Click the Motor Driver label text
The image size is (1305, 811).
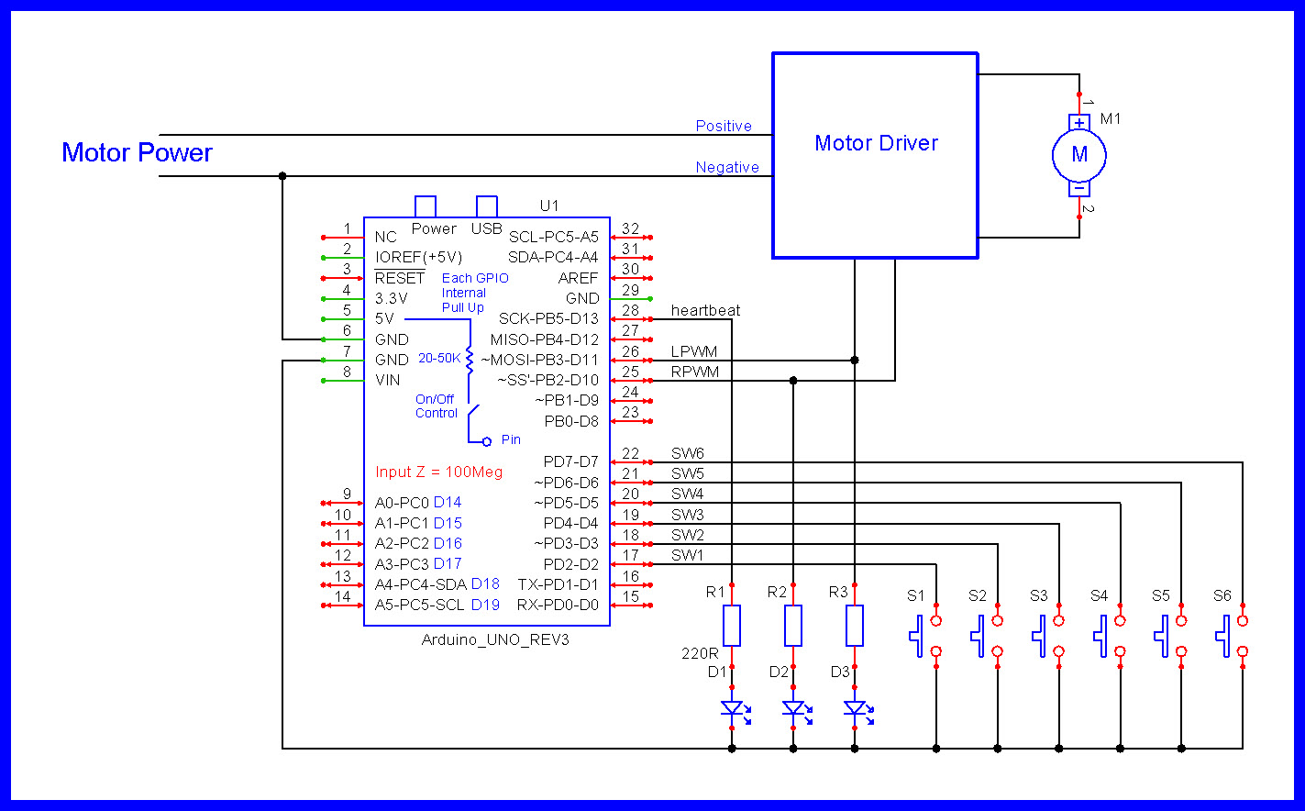click(876, 143)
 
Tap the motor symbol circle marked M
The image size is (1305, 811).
click(1079, 155)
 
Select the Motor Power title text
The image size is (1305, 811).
click(137, 152)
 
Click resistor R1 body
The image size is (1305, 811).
click(732, 626)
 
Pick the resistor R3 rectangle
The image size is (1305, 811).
click(855, 626)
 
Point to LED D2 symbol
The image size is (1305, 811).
click(793, 708)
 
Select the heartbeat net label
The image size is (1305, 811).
click(705, 311)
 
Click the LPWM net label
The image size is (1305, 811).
click(693, 351)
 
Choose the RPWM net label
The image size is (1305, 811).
click(694, 372)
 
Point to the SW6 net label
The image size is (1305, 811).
click(687, 453)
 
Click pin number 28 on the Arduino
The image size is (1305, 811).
click(630, 311)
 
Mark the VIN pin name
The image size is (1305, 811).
click(387, 380)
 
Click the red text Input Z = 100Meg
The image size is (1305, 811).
click(438, 472)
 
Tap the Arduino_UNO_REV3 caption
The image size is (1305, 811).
click(494, 639)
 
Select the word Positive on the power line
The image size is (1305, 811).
click(724, 126)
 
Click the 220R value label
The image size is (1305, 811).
click(700, 654)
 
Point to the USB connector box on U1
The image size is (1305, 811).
click(487, 206)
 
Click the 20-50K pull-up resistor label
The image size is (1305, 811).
click(439, 358)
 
